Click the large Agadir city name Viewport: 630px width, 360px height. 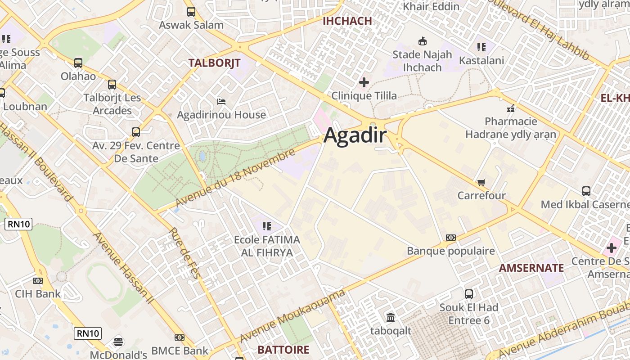pos(355,135)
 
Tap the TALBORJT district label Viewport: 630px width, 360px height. pos(214,63)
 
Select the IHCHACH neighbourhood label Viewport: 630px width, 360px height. pos(347,21)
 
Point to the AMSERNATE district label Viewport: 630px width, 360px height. pos(531,268)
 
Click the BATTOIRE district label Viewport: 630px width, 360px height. pos(283,350)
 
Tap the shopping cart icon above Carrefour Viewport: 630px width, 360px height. pos(481,182)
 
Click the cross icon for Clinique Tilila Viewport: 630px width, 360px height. pos(364,82)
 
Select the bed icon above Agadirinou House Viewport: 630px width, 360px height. pos(221,101)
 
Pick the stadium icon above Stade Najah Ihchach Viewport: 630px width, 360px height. pos(422,41)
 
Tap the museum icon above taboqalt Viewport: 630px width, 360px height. pos(391,318)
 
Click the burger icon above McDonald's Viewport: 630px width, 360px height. pos(118,342)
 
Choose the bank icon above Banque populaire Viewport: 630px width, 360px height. pos(451,238)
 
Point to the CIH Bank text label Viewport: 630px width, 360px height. pos(38,294)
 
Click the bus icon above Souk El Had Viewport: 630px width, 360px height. pos(469,294)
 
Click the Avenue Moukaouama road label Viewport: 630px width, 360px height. pos(292,316)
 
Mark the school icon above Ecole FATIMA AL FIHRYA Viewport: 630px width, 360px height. pos(267,226)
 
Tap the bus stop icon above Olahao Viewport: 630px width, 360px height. pos(78,63)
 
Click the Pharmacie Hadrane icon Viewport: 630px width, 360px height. pos(511,108)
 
